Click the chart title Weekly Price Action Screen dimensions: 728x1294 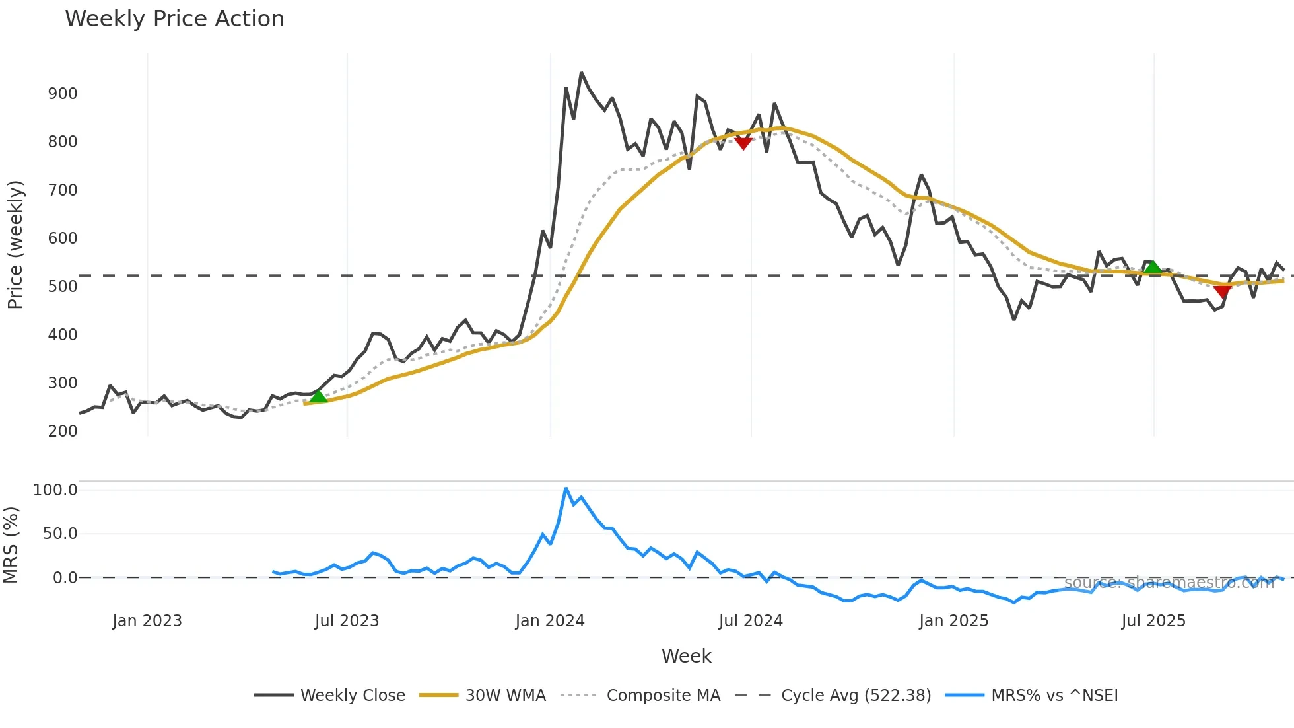(174, 19)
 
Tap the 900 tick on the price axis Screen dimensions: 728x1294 (63, 94)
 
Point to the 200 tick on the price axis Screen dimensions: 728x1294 (63, 431)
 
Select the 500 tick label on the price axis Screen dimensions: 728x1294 (63, 287)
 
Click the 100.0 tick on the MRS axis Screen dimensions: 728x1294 (55, 490)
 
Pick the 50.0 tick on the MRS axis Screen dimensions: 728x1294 (60, 534)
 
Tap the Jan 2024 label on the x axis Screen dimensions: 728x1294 (550, 621)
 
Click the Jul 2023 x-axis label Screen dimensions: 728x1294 (347, 621)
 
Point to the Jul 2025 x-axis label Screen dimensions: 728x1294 (1153, 621)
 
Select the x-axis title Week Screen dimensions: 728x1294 (686, 656)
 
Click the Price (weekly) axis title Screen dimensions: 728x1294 (15, 244)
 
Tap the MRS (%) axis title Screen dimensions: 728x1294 (11, 545)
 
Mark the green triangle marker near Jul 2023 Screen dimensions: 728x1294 (318, 396)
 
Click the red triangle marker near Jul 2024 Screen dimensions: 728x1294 (743, 143)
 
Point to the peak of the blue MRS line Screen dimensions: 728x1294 (566, 488)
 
